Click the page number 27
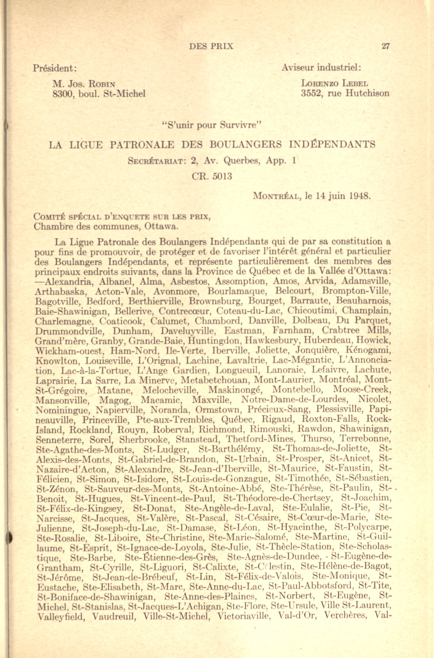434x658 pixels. pyautogui.click(x=385, y=46)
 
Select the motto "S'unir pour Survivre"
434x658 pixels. pyautogui.click(x=211, y=126)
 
